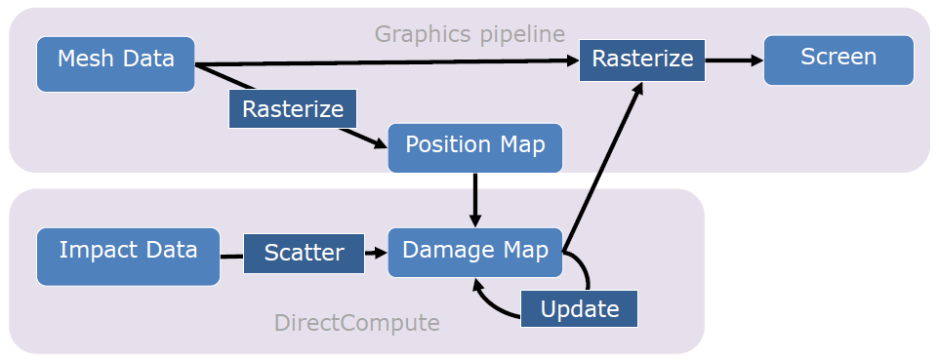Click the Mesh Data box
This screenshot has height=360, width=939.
(116, 64)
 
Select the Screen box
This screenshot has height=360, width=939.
(838, 60)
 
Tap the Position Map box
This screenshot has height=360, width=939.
(475, 148)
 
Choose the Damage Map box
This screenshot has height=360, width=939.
(475, 252)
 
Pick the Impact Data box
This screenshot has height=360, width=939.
(128, 257)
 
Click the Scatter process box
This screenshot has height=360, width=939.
(305, 254)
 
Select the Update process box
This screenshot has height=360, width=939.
(579, 309)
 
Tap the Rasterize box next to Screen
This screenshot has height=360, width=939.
(642, 60)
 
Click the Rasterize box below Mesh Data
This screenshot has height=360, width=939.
(293, 109)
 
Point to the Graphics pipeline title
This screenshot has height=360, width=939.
(470, 34)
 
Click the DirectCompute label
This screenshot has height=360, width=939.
(357, 323)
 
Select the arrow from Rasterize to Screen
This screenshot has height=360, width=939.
(734, 60)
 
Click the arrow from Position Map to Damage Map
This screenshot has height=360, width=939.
(475, 200)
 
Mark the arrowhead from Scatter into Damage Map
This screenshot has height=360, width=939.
(381, 253)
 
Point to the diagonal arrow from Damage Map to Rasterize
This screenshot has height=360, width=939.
(602, 166)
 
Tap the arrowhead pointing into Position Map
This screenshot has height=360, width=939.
(381, 144)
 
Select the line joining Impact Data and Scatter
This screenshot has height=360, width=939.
(231, 257)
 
